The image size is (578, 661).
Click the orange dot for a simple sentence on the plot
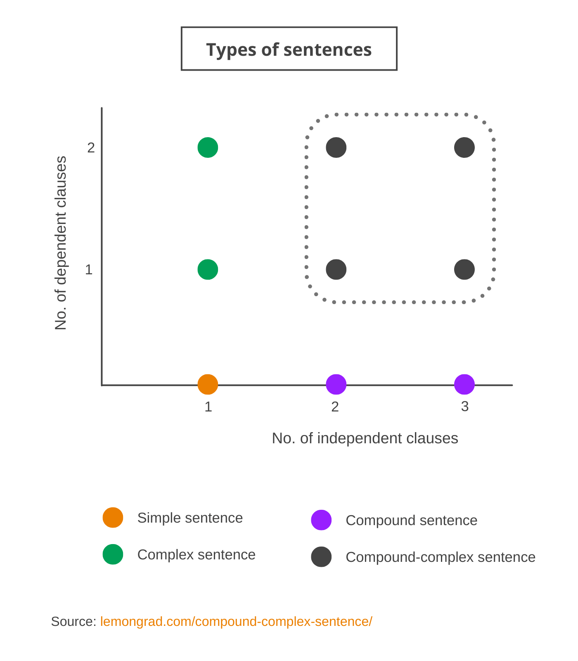click(x=208, y=385)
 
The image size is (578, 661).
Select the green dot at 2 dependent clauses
click(x=208, y=147)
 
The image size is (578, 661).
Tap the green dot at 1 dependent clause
click(x=208, y=269)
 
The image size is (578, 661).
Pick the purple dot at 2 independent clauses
click(x=336, y=384)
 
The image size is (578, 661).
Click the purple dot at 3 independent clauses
click(x=464, y=384)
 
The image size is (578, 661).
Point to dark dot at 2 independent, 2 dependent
click(x=336, y=147)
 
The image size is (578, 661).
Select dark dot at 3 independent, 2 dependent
click(x=464, y=147)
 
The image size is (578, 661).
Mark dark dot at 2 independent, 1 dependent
click(x=336, y=269)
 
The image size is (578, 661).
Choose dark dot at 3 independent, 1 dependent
click(x=464, y=269)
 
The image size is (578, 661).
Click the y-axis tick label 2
click(x=91, y=147)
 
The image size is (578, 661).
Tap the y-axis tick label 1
click(x=89, y=270)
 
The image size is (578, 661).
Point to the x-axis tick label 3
click(x=465, y=407)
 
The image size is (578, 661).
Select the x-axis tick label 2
click(x=335, y=407)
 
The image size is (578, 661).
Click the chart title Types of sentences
click(x=289, y=50)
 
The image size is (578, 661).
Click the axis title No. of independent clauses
click(x=365, y=438)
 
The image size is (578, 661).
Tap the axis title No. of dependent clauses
click(x=61, y=243)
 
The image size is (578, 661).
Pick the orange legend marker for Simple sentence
click(x=113, y=517)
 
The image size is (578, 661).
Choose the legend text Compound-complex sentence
click(x=441, y=557)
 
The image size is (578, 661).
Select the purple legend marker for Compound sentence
click(x=321, y=520)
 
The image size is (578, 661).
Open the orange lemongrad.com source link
click(x=236, y=622)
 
